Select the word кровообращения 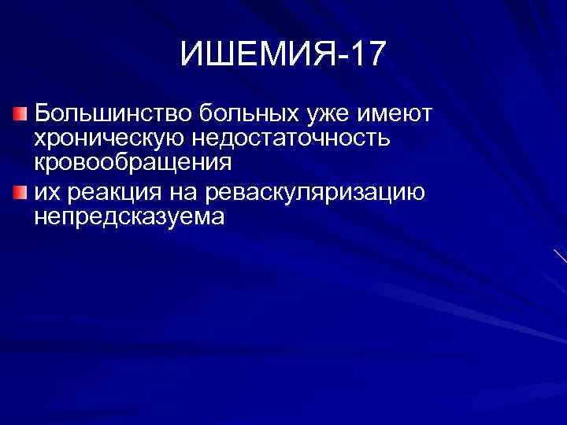pos(133,164)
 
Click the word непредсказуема pos(129,216)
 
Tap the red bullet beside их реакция pos(20,191)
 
